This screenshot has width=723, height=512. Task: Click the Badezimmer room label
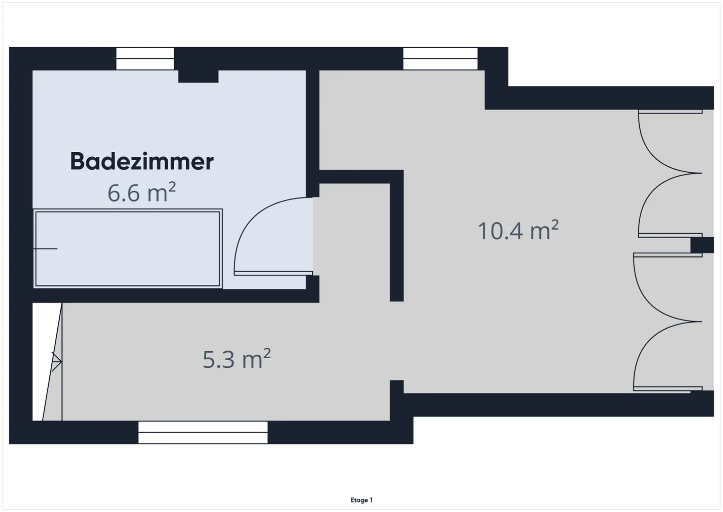[x=142, y=161]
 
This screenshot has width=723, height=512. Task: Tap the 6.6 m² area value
[x=142, y=192]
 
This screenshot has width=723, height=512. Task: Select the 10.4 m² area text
[x=518, y=230]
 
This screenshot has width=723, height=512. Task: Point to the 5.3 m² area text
[x=236, y=359]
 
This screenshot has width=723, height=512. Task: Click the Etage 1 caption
[x=361, y=500]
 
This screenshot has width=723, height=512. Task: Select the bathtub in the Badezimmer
[x=128, y=249]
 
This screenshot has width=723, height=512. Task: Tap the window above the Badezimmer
[x=145, y=58]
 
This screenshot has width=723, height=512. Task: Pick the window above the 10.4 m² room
[x=440, y=58]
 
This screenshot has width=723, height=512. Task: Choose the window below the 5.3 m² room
[x=203, y=432]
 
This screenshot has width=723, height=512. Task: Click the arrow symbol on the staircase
[x=56, y=361]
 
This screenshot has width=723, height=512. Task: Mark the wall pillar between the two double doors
[x=702, y=245]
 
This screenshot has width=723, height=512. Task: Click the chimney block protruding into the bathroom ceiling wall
[x=198, y=76]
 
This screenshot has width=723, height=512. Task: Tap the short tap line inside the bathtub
[x=46, y=249]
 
